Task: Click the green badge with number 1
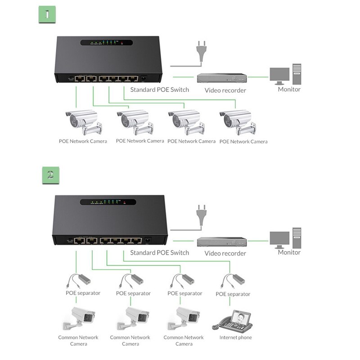[x=47, y=14]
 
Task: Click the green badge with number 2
[x=50, y=175]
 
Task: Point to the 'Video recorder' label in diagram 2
[x=225, y=253]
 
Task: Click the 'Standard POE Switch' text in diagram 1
[x=159, y=90]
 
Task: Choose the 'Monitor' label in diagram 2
[x=289, y=252]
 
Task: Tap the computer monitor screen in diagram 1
[x=279, y=75]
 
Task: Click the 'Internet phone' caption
[x=235, y=337]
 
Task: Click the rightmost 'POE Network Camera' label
[x=243, y=141]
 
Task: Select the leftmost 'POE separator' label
[x=83, y=293]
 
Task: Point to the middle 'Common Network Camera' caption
[x=130, y=340]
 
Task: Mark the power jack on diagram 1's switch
[x=144, y=78]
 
